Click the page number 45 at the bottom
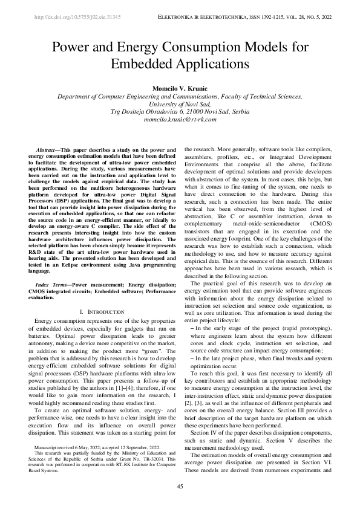tap(180, 487)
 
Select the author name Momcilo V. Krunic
tap(180, 89)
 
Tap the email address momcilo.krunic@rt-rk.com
tap(180, 120)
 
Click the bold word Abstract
tap(47, 149)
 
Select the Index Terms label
tap(51, 284)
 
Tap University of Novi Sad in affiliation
tap(180, 104)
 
